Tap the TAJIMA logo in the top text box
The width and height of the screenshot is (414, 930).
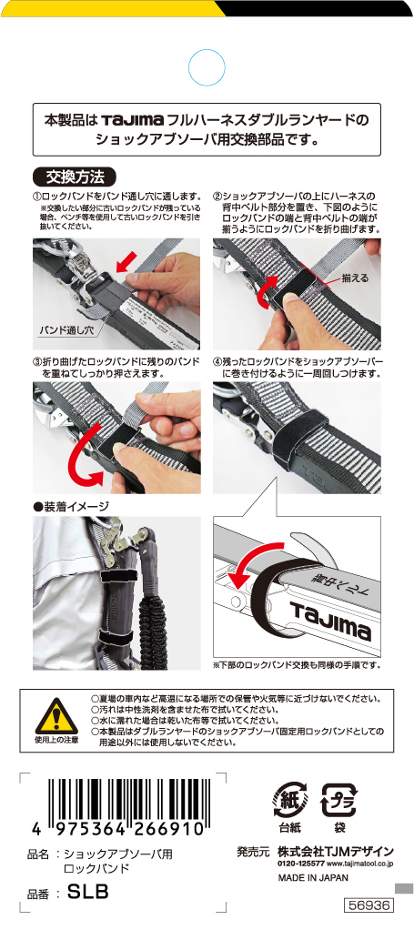point(132,120)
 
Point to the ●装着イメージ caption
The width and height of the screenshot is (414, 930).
point(71,506)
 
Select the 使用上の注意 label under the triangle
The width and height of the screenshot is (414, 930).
point(56,741)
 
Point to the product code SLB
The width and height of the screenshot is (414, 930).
point(88,893)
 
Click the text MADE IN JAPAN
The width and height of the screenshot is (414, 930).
point(313,877)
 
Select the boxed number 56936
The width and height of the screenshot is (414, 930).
point(369,905)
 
